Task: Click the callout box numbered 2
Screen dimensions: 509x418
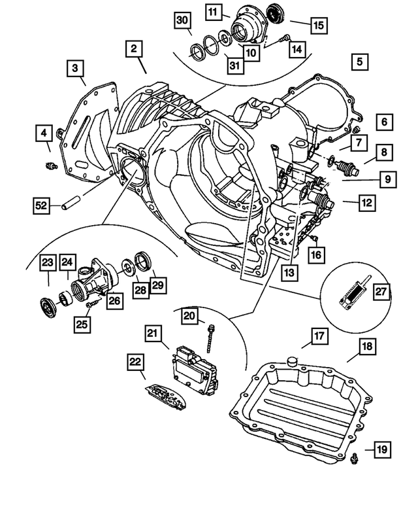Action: coord(133,48)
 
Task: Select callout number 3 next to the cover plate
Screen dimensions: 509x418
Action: coord(75,68)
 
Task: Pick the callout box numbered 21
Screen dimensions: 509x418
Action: coord(153,334)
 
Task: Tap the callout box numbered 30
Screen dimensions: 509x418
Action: coord(184,21)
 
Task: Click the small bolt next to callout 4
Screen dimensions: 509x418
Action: coord(49,164)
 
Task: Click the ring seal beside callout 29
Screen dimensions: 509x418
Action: coord(142,260)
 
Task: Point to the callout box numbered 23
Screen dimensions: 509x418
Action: coord(46,262)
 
